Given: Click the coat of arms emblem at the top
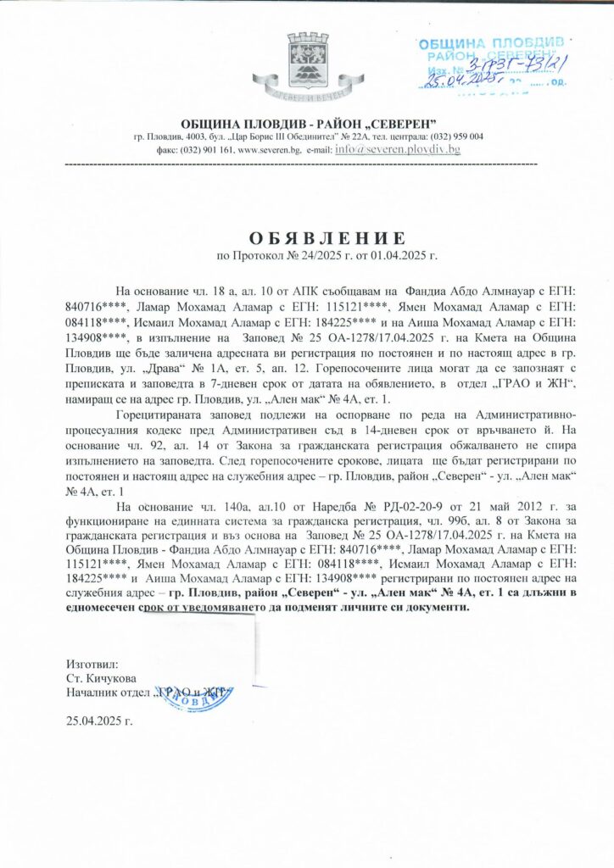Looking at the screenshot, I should point(306,64).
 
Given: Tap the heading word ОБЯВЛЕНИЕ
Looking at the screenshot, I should point(306,236).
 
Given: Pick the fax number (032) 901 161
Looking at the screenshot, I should point(201,150).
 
